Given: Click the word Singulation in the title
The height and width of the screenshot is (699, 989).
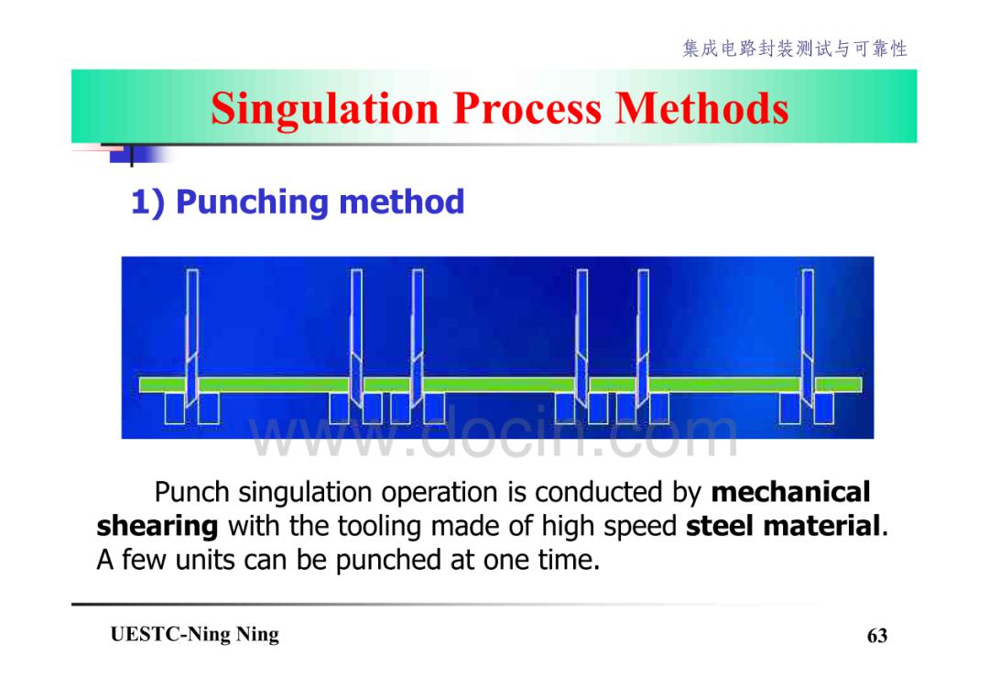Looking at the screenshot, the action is pyautogui.click(x=325, y=109).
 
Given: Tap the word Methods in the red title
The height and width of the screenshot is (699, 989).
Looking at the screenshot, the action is pyautogui.click(x=702, y=108).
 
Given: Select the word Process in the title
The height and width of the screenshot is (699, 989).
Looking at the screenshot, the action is pyautogui.click(x=527, y=108).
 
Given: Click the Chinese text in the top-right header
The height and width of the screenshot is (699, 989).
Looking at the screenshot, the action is pyautogui.click(x=795, y=49).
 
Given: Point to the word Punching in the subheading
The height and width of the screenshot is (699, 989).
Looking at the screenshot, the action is pyautogui.click(x=253, y=202).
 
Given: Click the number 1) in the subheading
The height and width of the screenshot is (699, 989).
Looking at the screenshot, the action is pyautogui.click(x=147, y=203).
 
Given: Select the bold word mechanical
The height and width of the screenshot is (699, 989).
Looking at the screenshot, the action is pyautogui.click(x=791, y=492).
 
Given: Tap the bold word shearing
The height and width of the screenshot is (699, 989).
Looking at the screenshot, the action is pyautogui.click(x=158, y=526).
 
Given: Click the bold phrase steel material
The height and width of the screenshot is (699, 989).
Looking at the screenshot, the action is pyautogui.click(x=783, y=526).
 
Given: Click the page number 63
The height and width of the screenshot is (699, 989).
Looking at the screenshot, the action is pyautogui.click(x=877, y=635).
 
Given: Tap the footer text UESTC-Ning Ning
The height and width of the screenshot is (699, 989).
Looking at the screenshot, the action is pyautogui.click(x=194, y=634).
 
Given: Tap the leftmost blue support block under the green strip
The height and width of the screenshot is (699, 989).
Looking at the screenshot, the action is pyautogui.click(x=175, y=409).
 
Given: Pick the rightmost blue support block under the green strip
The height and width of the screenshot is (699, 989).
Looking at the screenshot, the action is pyautogui.click(x=824, y=409).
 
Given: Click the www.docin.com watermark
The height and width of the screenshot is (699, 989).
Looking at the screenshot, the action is pyautogui.click(x=494, y=434).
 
